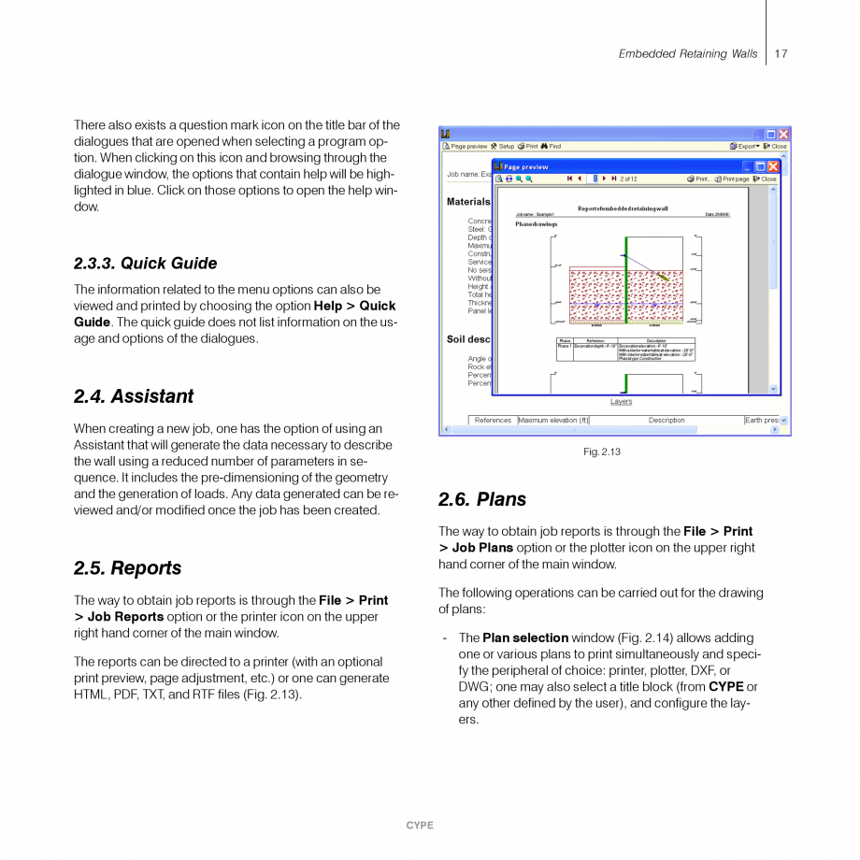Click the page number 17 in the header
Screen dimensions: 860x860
point(781,54)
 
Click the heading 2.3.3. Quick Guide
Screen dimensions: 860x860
point(145,264)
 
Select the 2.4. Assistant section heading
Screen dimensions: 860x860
point(134,396)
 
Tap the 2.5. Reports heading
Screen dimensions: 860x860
point(127,568)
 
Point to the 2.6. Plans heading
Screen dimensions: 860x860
point(482,499)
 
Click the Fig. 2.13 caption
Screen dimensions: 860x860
point(601,452)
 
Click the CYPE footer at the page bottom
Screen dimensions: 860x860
point(420,825)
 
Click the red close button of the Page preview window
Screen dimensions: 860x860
point(773,166)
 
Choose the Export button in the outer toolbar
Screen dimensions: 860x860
point(745,147)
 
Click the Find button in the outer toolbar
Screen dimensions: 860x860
point(551,147)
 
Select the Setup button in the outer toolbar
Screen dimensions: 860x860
point(502,147)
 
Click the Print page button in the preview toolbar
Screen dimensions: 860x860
point(732,179)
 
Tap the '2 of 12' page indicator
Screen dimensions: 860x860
point(628,179)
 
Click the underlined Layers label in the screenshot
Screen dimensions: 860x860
point(621,402)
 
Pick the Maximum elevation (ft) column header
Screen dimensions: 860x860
point(553,421)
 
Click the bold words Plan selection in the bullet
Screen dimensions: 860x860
point(525,638)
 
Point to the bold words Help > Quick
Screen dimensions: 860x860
point(354,306)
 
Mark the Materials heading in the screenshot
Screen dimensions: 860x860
point(468,202)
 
